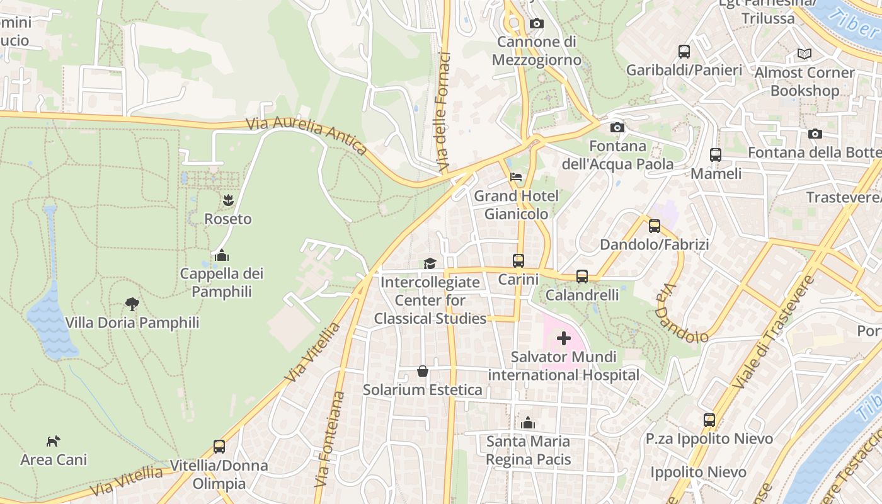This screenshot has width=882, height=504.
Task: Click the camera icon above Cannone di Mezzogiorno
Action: pos(536,24)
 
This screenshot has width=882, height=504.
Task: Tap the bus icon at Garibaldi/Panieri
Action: pos(684,52)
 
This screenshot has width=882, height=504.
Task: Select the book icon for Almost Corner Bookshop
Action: pos(804,54)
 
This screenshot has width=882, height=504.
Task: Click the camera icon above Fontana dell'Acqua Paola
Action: pos(617,128)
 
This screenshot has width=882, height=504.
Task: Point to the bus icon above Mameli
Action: pos(715,155)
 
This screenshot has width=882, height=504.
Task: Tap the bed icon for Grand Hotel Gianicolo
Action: pos(516,177)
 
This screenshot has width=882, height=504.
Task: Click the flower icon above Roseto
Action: pos(227,201)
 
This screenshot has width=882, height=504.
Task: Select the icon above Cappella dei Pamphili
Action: pos(221,255)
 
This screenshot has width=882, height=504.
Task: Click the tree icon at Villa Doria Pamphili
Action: pos(132,304)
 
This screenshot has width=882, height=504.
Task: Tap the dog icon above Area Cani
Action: pos(54,441)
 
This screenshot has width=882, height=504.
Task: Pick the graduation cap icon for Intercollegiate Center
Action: pos(430,263)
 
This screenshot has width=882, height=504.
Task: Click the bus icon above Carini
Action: pos(518,260)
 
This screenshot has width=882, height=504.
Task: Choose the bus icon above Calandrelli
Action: pos(581,277)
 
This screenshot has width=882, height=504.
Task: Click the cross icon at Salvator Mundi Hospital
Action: pos(563,339)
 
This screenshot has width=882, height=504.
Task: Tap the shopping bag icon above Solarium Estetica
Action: pos(423,371)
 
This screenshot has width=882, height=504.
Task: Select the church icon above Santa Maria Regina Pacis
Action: pos(528,423)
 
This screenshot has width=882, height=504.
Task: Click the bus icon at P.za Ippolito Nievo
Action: pos(709,420)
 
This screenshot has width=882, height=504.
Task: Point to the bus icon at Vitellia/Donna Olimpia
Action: pos(219,447)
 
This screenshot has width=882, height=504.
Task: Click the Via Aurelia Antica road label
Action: pos(307,135)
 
